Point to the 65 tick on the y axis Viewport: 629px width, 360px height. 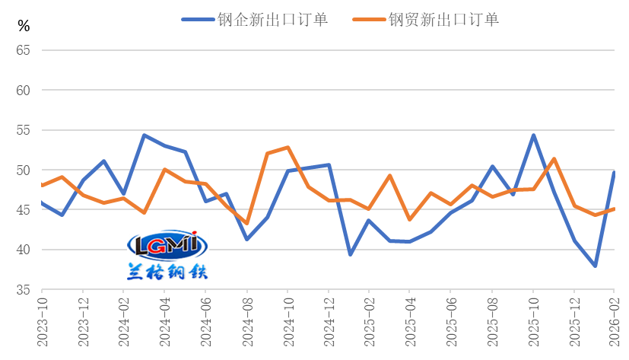pos(23,50)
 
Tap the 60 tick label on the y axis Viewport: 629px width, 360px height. pos(23,91)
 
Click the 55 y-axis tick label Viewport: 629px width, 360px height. pos(23,130)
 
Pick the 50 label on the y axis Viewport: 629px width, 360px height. pos(23,170)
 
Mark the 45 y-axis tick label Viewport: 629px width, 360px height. pos(23,210)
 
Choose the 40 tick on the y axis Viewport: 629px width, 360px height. pos(23,250)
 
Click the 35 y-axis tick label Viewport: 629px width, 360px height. pos(23,290)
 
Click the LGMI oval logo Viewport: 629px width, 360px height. pos(165,245)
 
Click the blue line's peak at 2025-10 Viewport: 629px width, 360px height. pos(533,135)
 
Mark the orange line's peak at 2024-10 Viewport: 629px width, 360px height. pos(287,147)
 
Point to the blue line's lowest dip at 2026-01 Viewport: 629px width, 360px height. pos(595,266)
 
